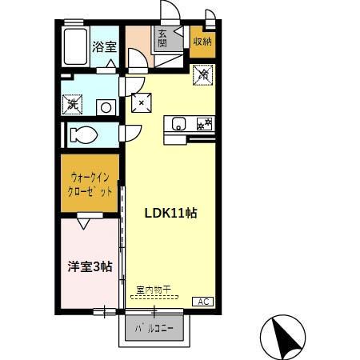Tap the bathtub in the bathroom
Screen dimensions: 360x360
click(x=75, y=47)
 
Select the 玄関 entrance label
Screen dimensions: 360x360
click(x=162, y=38)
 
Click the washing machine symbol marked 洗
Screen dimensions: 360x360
click(x=73, y=103)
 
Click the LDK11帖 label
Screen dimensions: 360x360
click(x=170, y=213)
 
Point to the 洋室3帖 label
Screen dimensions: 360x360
click(x=89, y=266)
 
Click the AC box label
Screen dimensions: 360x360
click(x=202, y=302)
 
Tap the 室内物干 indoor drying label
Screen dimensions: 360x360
click(x=153, y=290)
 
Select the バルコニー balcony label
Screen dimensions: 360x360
click(x=154, y=329)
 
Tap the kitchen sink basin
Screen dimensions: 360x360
click(x=178, y=123)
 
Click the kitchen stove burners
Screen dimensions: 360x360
click(x=203, y=123)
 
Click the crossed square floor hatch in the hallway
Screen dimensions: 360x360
click(x=142, y=102)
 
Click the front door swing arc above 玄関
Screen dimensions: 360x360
click(x=170, y=12)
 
